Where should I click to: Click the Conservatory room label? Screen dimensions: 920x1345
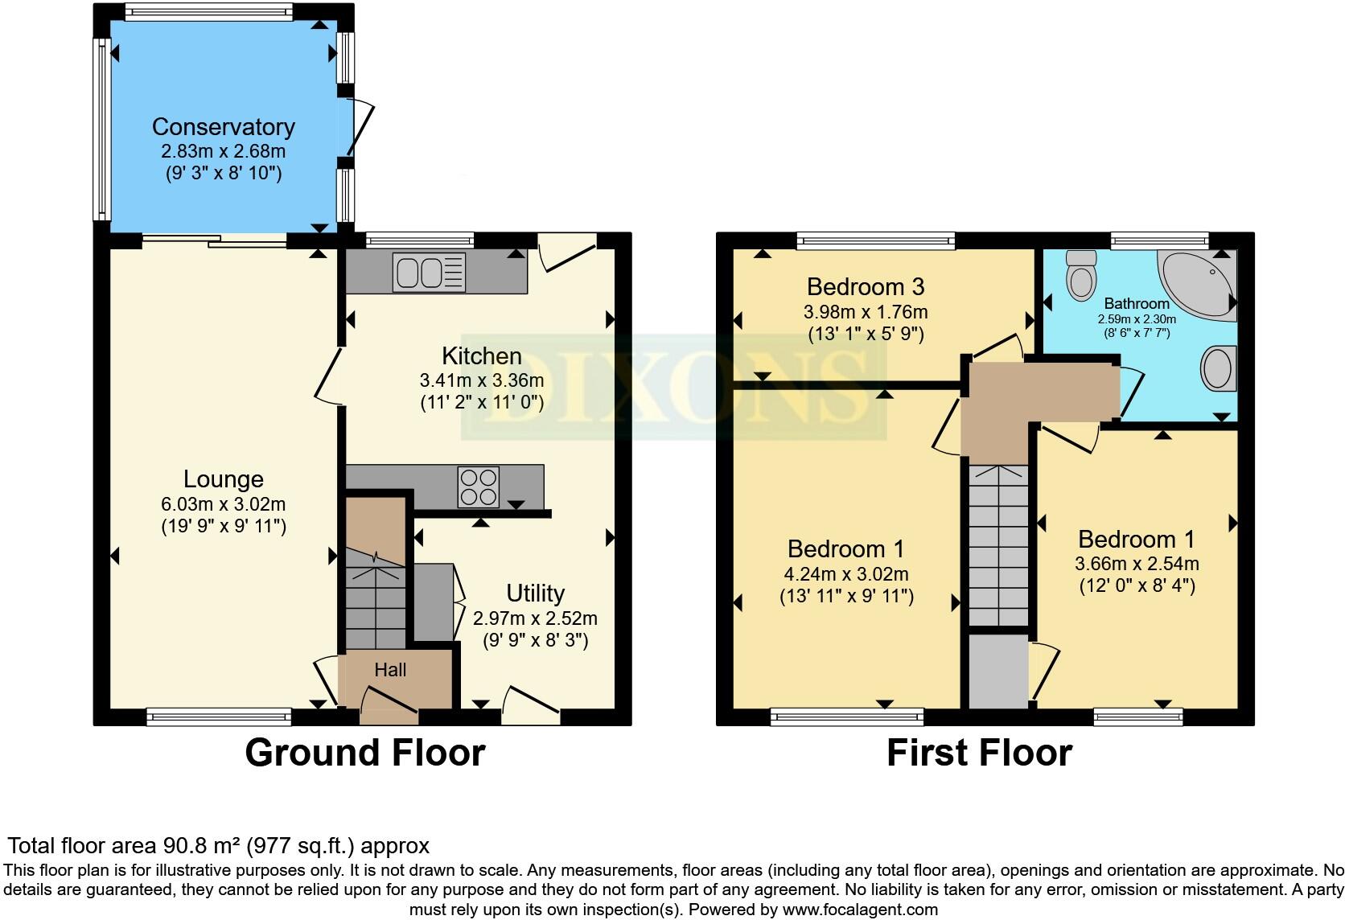[x=223, y=127]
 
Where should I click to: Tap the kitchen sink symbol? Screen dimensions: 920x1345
[x=429, y=272]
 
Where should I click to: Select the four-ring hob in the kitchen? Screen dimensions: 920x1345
[x=478, y=487]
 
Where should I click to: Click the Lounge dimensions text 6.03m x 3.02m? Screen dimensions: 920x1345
[x=223, y=504]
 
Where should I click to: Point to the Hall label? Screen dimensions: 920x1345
[x=390, y=670]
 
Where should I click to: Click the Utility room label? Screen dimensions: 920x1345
[x=535, y=593]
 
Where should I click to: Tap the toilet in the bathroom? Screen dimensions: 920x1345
[x=1080, y=275]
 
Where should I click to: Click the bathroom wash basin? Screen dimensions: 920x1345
[x=1219, y=369]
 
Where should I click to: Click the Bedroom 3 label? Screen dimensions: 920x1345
[x=865, y=287]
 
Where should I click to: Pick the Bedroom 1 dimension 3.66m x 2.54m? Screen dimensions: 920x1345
[x=1136, y=564]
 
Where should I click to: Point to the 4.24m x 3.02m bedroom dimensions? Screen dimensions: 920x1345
[x=845, y=574]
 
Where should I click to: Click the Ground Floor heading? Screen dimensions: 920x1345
[x=364, y=753]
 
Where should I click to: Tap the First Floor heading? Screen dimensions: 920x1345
[x=979, y=753]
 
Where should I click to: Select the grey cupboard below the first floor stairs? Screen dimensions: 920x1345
[x=997, y=672]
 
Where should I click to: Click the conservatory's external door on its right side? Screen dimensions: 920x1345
[x=359, y=129]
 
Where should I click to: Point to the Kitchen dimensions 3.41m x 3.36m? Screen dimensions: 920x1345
[x=481, y=380]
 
